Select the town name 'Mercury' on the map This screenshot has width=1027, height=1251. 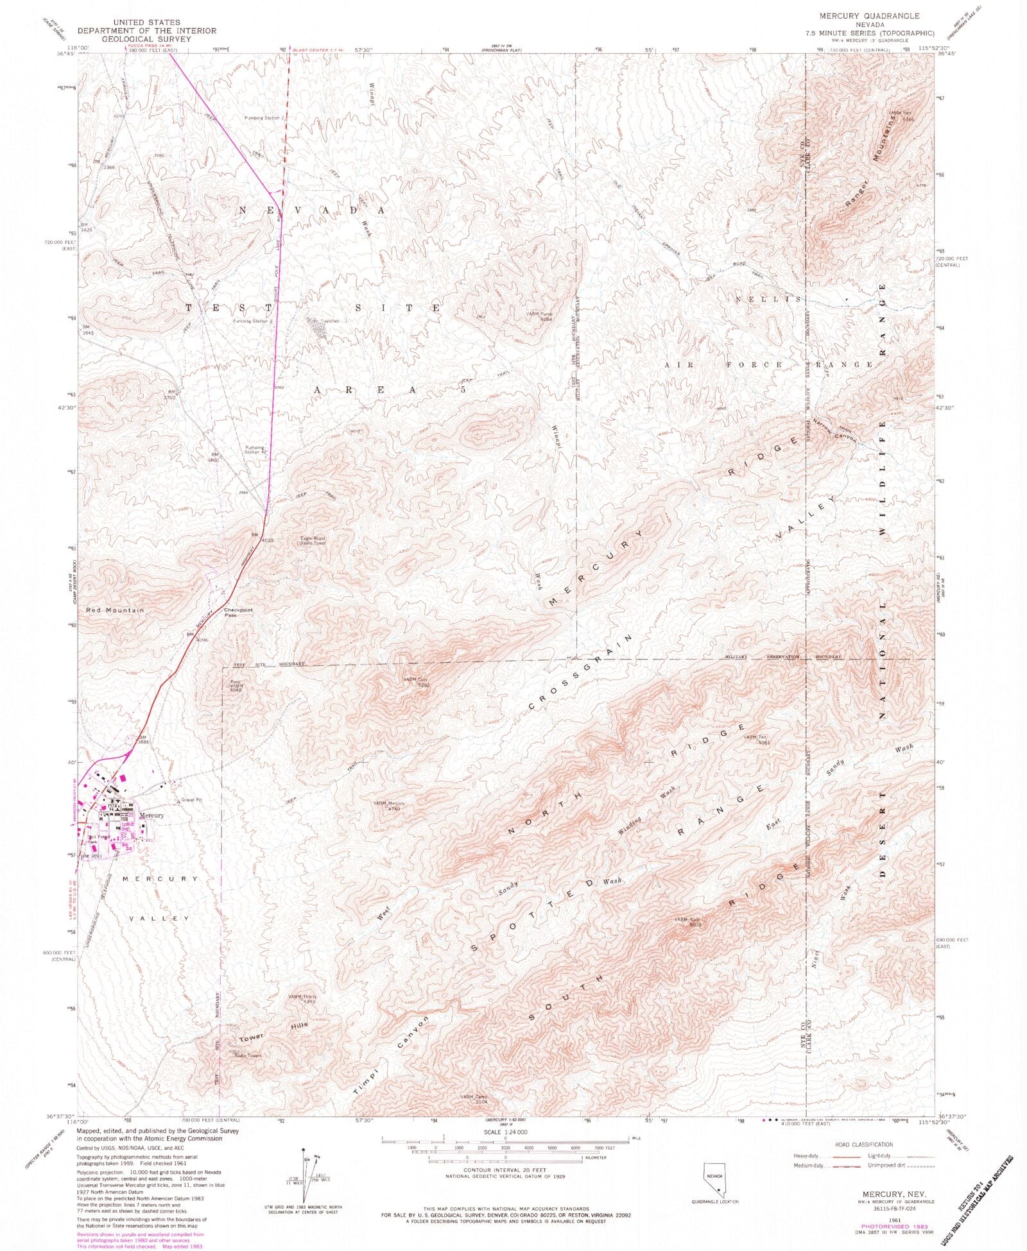(151, 815)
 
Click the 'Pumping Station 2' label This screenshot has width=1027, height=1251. (264, 118)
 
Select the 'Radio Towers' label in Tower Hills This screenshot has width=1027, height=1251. (248, 1055)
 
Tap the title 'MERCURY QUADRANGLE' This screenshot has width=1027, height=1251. (859, 15)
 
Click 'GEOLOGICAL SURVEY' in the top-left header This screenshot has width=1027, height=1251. (148, 39)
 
